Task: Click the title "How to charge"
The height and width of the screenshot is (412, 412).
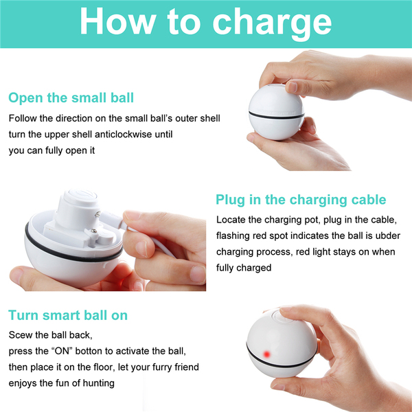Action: click(x=206, y=23)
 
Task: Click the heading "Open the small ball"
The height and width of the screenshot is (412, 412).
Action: click(x=71, y=98)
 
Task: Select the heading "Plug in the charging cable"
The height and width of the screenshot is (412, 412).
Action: click(x=301, y=200)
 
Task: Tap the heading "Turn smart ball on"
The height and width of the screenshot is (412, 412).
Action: click(x=68, y=315)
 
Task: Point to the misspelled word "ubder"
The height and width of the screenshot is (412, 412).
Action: click(x=388, y=236)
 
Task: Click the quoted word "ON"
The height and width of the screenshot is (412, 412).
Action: click(x=62, y=351)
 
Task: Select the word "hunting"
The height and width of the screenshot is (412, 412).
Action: click(x=98, y=383)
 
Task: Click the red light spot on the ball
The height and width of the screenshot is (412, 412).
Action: click(x=266, y=354)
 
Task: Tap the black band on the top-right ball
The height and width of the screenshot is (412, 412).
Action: click(x=276, y=116)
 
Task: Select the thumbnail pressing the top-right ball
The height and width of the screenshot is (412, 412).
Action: click(x=292, y=87)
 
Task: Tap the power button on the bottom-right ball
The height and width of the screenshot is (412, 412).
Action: click(x=282, y=316)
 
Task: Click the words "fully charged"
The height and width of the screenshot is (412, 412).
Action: click(x=244, y=268)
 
